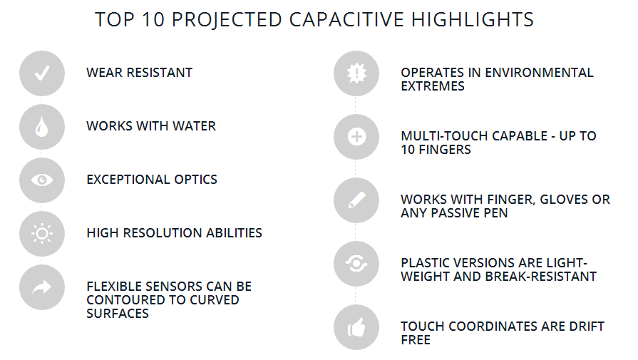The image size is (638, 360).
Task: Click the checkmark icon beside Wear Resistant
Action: click(x=42, y=73)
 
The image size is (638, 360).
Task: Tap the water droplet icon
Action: click(x=42, y=127)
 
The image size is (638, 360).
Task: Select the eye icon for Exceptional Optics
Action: click(x=42, y=180)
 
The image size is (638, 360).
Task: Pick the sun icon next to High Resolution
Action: click(x=42, y=234)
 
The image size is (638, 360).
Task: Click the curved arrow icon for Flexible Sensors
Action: click(x=42, y=287)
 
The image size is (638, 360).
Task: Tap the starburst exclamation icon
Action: click(x=356, y=73)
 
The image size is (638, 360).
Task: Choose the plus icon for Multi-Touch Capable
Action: click(x=356, y=137)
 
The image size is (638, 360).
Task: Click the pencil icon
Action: click(x=356, y=200)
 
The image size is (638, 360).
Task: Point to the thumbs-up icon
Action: click(x=356, y=327)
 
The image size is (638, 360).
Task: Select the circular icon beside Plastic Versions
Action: click(x=356, y=264)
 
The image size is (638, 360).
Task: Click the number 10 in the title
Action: click(x=153, y=19)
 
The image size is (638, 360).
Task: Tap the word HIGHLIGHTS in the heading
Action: click(x=473, y=19)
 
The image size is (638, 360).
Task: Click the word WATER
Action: click(x=194, y=126)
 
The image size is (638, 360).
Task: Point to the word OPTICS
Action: click(x=196, y=180)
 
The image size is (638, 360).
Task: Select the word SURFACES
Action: click(x=118, y=314)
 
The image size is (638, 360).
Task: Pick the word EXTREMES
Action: click(x=433, y=86)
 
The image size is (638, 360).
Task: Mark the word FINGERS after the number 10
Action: click(x=445, y=150)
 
